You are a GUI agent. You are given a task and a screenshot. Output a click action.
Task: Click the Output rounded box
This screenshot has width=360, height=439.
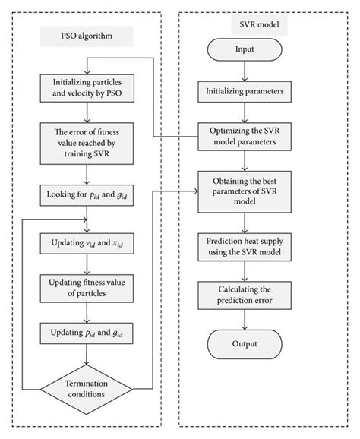(x=244, y=343)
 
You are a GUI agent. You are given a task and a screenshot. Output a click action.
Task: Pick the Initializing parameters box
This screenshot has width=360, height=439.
(x=244, y=92)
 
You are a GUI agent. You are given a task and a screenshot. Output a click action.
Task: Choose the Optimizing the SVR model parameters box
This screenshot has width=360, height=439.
(x=244, y=137)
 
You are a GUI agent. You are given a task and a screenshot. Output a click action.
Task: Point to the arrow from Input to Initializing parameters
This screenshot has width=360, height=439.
(x=244, y=72)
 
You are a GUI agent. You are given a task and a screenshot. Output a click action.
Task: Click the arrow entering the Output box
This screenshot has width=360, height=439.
(x=244, y=321)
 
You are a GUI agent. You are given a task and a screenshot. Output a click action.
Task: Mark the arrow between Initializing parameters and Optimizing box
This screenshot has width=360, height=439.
(x=244, y=112)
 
